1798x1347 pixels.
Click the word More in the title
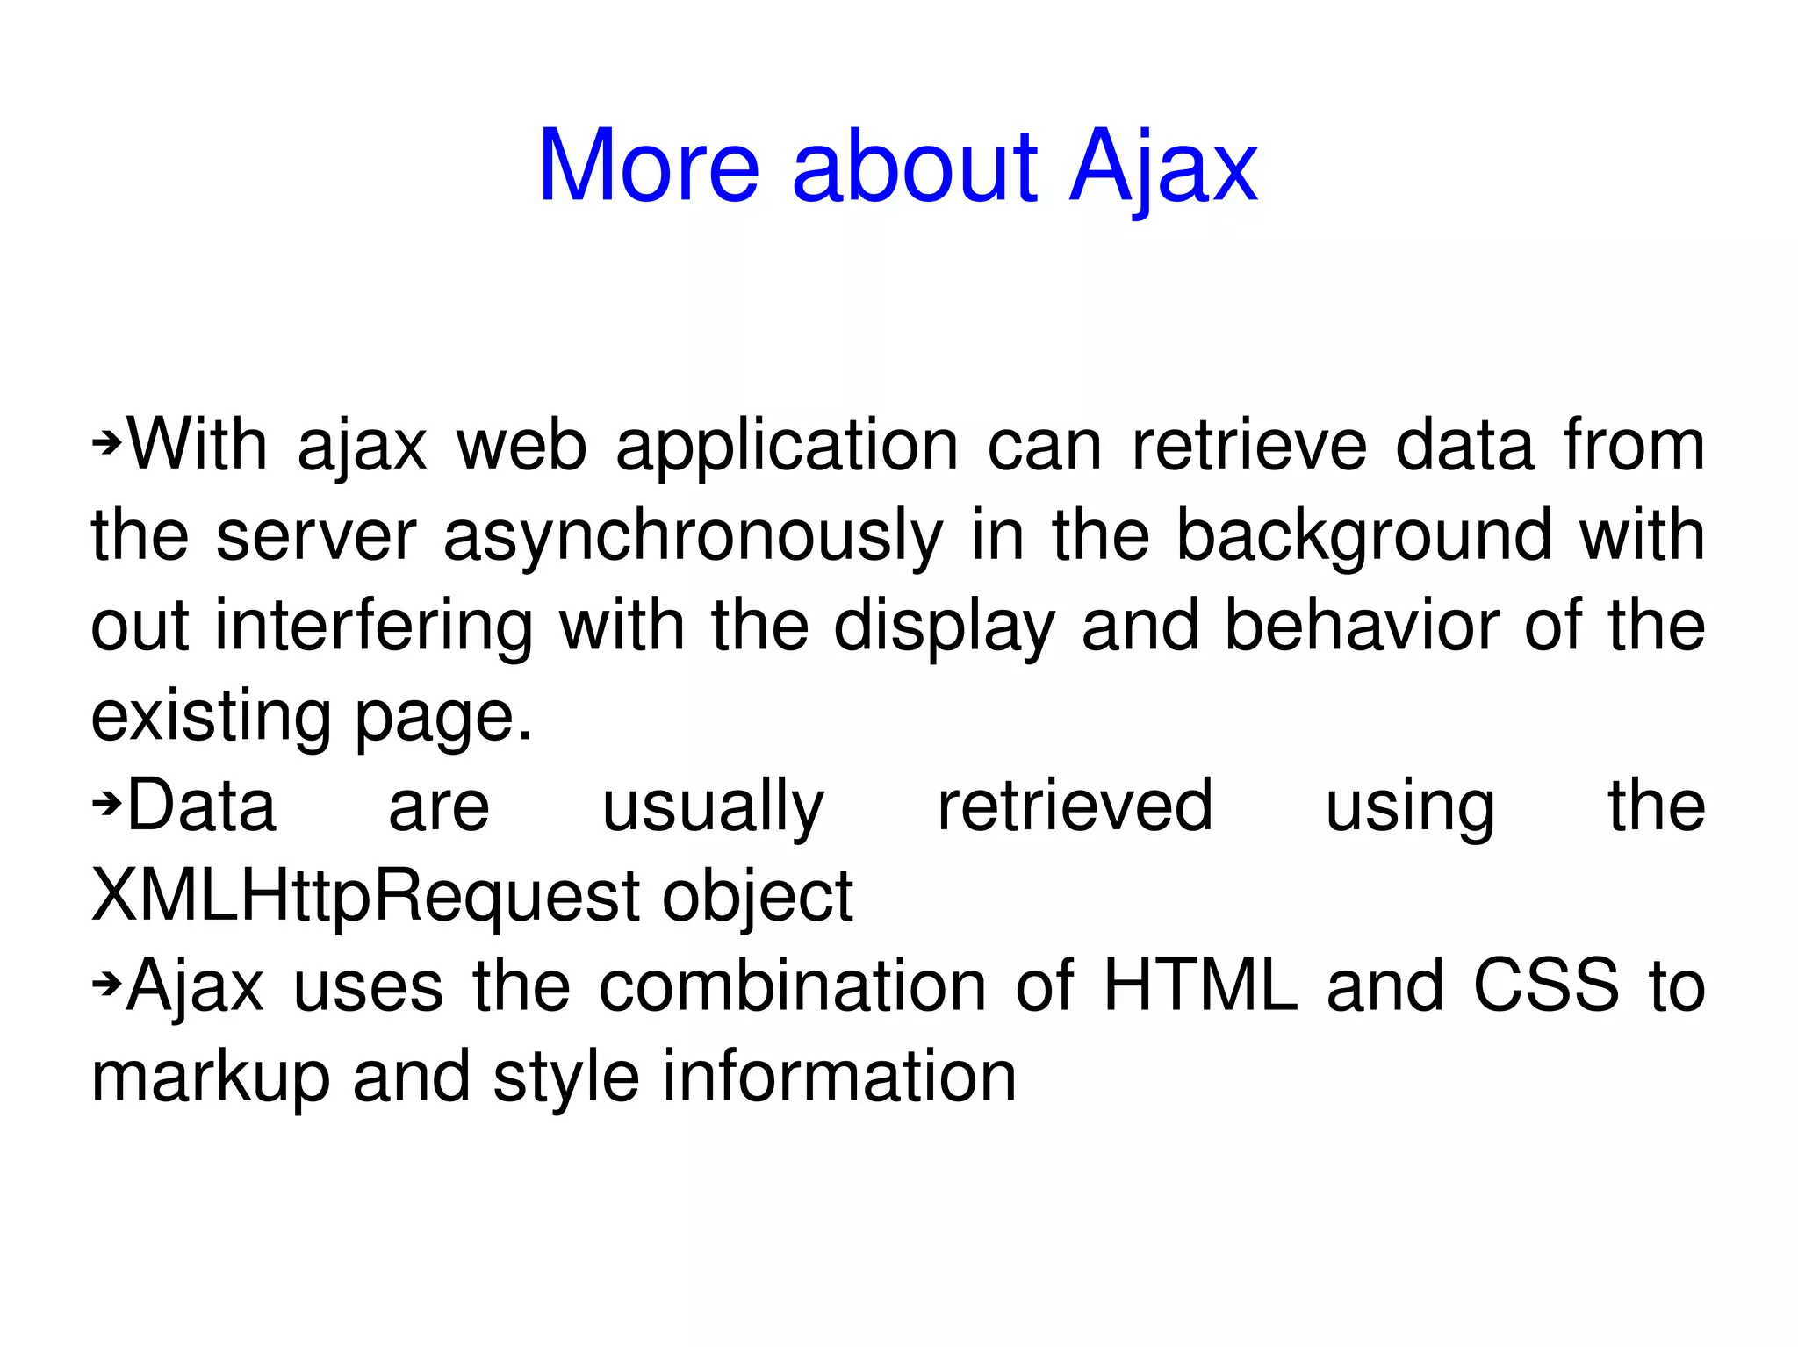coord(648,167)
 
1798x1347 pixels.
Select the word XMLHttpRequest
coord(364,897)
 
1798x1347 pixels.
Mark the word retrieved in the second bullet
coord(1075,806)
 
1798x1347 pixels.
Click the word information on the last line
coord(838,1077)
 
